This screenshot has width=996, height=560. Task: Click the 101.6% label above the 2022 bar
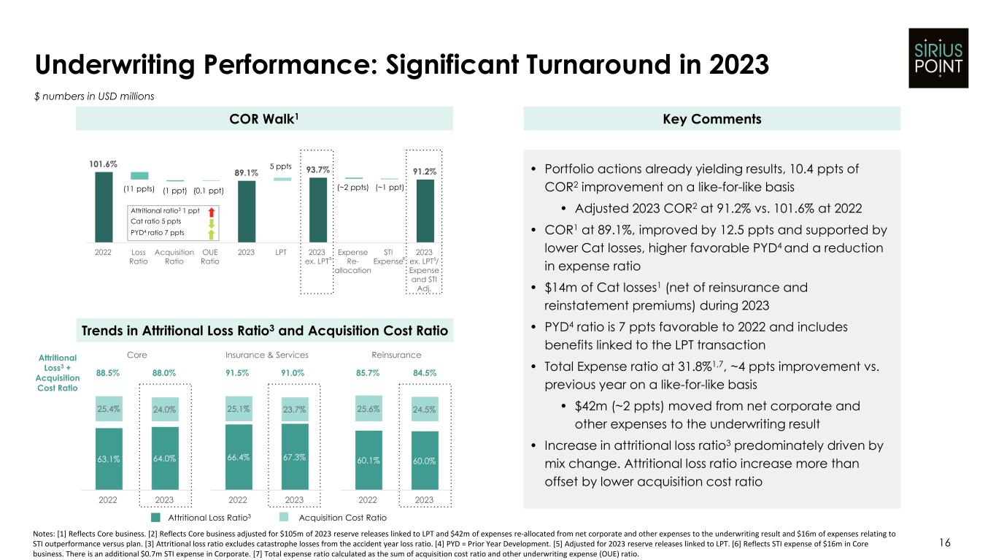(x=104, y=164)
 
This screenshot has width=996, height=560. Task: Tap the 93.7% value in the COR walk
(x=318, y=169)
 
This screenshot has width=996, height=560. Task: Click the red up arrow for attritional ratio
(x=211, y=211)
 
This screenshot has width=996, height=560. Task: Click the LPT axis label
(x=282, y=253)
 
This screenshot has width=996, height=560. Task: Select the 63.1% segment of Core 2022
(x=109, y=459)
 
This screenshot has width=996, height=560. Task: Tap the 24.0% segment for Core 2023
(x=165, y=410)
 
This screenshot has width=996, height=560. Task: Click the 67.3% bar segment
(x=294, y=457)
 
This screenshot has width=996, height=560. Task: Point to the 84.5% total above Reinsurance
(x=425, y=373)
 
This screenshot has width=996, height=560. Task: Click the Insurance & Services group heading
(x=266, y=355)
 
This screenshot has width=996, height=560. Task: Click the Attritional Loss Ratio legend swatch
(x=155, y=517)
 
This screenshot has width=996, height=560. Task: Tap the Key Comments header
(x=712, y=118)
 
